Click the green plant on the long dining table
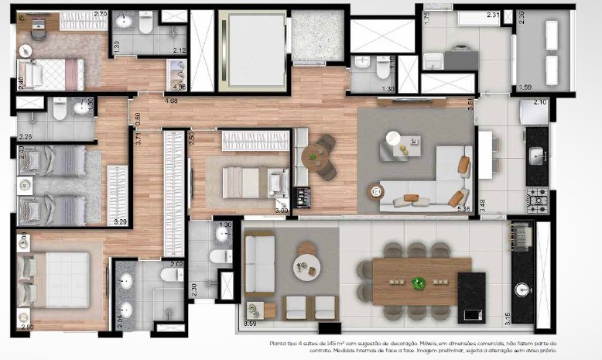click(419, 283)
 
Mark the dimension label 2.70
click(100, 14)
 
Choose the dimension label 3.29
click(120, 221)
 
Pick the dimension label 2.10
click(540, 102)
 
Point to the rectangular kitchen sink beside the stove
click(537, 156)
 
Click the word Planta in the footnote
click(279, 341)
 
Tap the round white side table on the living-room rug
click(392, 138)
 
